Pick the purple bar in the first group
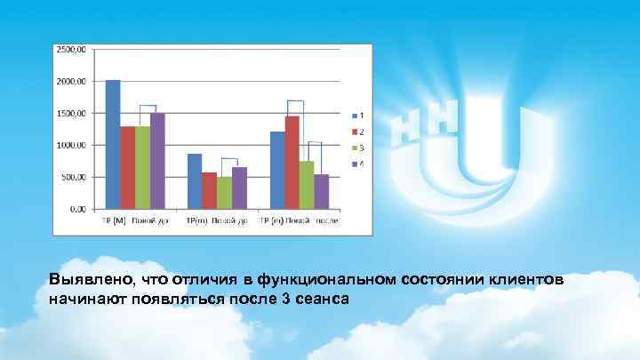point(157,161)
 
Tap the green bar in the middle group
point(224,192)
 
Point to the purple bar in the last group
point(321,191)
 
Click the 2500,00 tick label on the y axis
point(72,49)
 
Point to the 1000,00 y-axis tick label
point(72,145)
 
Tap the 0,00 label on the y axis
point(77,209)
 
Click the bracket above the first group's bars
point(148,106)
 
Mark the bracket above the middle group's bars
point(230,159)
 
